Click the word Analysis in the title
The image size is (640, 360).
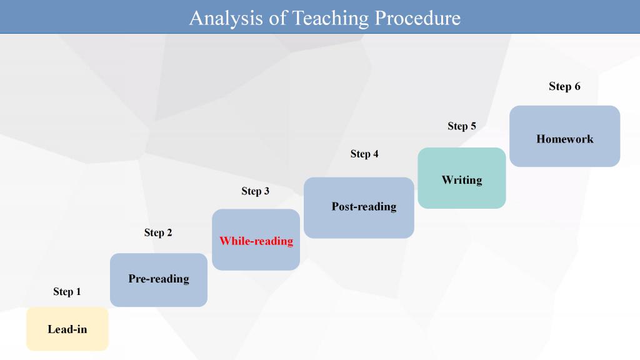(226, 19)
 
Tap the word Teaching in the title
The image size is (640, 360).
(331, 19)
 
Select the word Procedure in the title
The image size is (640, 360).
(417, 18)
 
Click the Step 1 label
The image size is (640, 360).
(67, 291)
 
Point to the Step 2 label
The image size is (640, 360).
(158, 232)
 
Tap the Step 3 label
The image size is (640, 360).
(255, 191)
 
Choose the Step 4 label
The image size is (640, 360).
(364, 154)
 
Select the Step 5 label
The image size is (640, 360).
(462, 126)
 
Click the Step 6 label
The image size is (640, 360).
(564, 86)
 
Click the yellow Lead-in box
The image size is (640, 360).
(67, 329)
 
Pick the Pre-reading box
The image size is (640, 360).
(159, 280)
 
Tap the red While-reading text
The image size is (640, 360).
(256, 241)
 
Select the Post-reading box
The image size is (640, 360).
(359, 207)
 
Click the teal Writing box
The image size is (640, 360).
(462, 178)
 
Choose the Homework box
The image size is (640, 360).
(565, 136)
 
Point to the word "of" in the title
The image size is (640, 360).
(277, 18)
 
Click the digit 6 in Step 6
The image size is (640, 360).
(577, 86)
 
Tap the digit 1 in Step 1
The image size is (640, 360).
(78, 291)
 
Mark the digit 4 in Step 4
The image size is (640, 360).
(376, 154)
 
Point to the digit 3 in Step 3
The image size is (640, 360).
(266, 191)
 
